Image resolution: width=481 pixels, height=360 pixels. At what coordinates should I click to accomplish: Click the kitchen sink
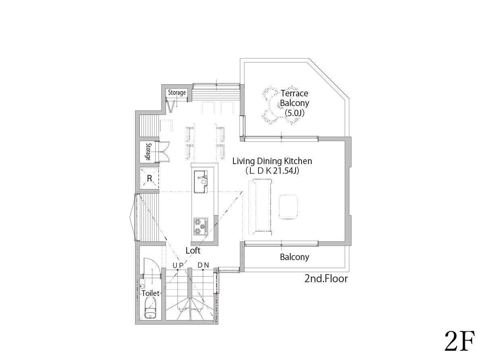[201, 182]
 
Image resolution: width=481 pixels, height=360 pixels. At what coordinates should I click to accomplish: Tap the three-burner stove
[201, 227]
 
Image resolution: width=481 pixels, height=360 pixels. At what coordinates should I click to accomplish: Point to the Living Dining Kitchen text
[272, 161]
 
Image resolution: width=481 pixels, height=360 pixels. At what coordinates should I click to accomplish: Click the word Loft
[193, 250]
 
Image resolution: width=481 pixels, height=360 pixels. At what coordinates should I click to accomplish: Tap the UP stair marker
[178, 265]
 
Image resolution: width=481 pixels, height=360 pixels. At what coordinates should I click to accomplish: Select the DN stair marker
[203, 265]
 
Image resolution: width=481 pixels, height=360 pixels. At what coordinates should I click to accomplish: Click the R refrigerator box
[150, 178]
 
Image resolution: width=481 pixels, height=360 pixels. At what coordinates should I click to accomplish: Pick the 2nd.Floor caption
[326, 279]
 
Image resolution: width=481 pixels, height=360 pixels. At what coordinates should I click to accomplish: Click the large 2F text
[460, 341]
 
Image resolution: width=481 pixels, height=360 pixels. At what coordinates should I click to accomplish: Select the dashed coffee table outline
[288, 207]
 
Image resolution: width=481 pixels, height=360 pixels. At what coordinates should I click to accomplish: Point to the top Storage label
[177, 92]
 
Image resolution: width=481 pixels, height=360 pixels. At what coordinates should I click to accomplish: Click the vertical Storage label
[148, 152]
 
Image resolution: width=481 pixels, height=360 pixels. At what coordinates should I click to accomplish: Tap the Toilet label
[151, 293]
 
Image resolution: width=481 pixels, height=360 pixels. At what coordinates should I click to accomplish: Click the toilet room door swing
[152, 267]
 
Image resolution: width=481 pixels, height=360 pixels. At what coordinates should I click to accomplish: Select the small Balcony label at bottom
[294, 257]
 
